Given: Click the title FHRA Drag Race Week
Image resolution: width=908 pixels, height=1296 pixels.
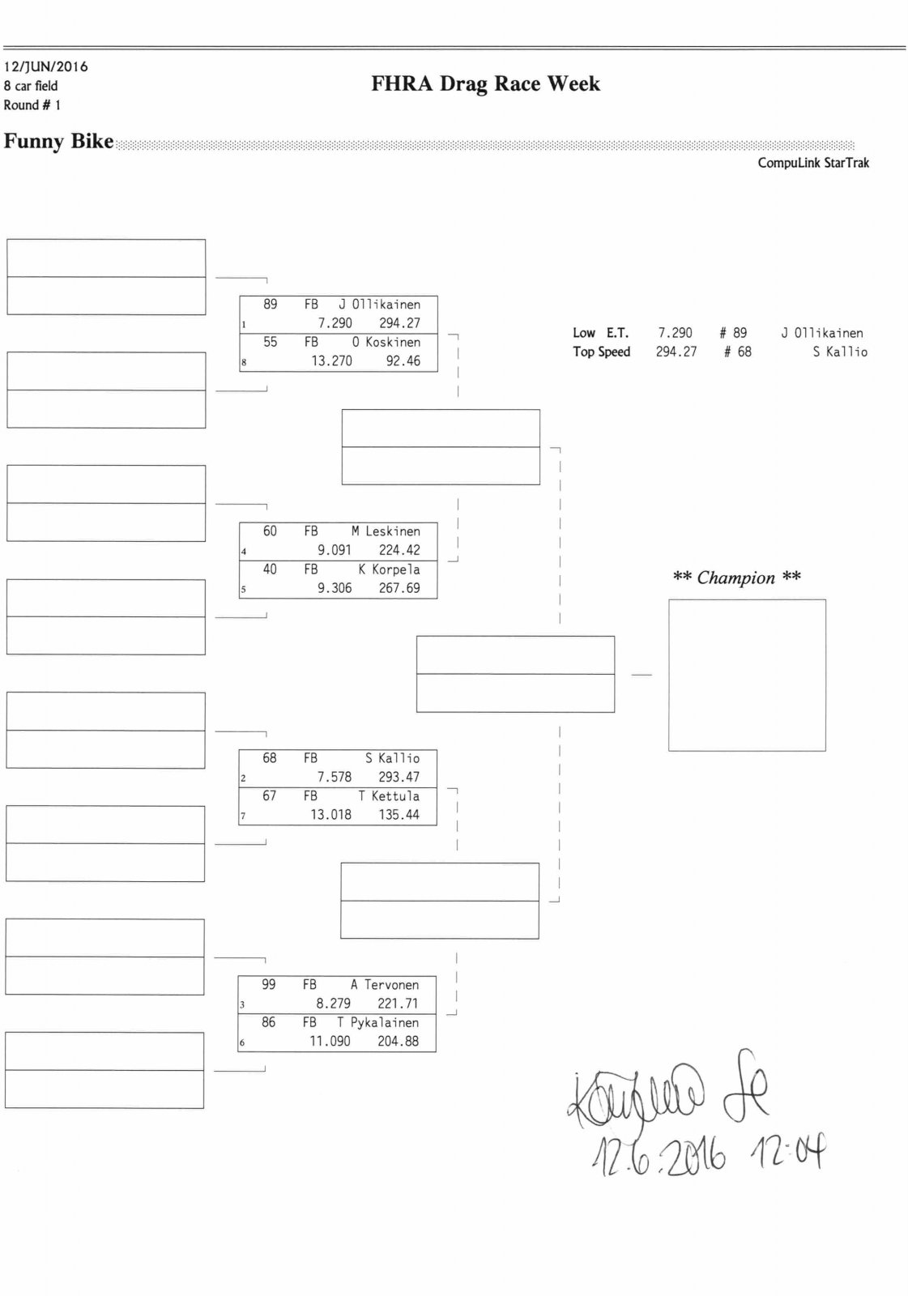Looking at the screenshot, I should pyautogui.click(x=485, y=84).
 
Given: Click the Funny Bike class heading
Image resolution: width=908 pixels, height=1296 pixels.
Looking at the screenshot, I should pyautogui.click(x=58, y=142).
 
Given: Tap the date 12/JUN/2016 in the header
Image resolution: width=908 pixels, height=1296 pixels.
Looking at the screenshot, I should pyautogui.click(x=46, y=66).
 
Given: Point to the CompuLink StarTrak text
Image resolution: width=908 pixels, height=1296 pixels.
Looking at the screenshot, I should pyautogui.click(x=813, y=163).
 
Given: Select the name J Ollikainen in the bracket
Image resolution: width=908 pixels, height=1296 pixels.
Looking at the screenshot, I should pyautogui.click(x=379, y=305).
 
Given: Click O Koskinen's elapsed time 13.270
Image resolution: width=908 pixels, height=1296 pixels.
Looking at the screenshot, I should pyautogui.click(x=331, y=361).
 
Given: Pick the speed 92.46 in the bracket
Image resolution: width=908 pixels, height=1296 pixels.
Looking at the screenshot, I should pyautogui.click(x=403, y=361).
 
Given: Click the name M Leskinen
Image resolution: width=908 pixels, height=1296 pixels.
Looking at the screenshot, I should pyautogui.click(x=386, y=531).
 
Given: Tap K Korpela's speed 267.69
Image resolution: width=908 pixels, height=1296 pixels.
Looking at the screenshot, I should pyautogui.click(x=399, y=588).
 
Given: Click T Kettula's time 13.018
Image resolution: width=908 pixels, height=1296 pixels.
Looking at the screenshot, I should pyautogui.click(x=330, y=815).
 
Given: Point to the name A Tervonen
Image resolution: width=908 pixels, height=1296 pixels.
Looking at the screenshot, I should pyautogui.click(x=385, y=985).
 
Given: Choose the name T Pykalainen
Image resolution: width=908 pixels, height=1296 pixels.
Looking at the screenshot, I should pyautogui.click(x=377, y=1023).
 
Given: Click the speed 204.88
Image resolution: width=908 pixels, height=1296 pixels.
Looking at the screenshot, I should pyautogui.click(x=398, y=1042).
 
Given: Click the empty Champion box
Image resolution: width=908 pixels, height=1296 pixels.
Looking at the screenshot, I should pyautogui.click(x=747, y=675).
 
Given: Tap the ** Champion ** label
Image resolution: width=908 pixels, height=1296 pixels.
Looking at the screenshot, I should pyautogui.click(x=736, y=578).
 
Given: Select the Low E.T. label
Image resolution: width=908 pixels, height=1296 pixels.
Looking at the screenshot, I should pyautogui.click(x=600, y=333).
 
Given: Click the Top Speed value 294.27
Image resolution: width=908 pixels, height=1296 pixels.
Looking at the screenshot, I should pyautogui.click(x=676, y=352).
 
